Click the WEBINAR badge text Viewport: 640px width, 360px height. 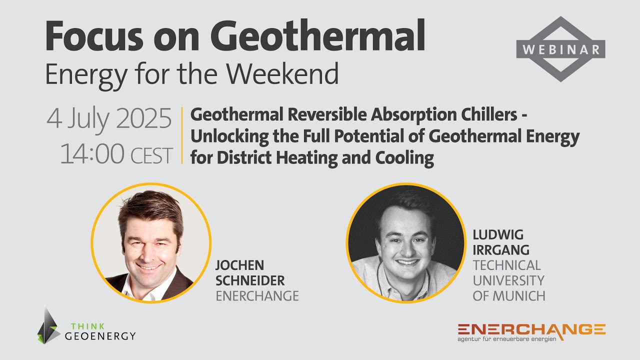point(560,49)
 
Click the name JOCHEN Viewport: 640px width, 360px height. point(240,265)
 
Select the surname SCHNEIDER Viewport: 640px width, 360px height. point(250,280)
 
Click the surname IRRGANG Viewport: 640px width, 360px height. point(493,249)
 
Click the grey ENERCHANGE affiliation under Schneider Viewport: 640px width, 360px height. point(257,296)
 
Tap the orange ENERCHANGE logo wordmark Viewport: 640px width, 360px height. point(531,329)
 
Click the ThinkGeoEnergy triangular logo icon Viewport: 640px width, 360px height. point(48,325)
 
